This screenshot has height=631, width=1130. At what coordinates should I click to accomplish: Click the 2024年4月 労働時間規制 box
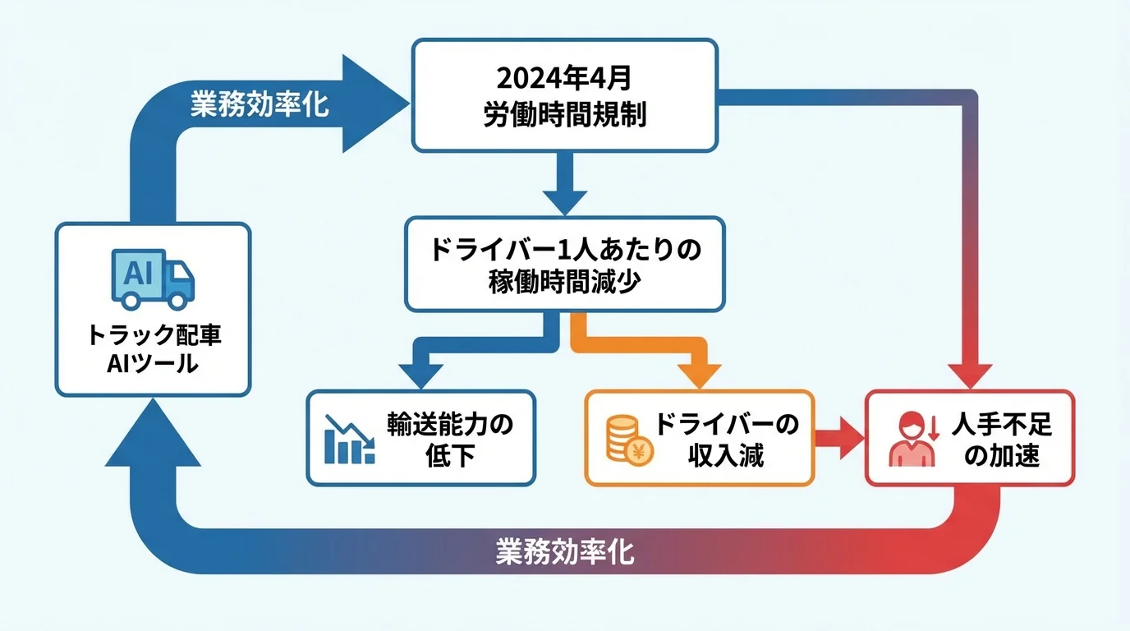click(x=564, y=95)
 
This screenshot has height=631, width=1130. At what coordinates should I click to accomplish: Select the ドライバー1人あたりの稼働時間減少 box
click(x=564, y=264)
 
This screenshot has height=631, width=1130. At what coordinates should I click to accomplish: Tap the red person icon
click(x=912, y=440)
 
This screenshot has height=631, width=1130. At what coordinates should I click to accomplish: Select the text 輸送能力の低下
click(x=450, y=440)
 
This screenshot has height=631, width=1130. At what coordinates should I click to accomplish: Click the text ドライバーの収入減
click(x=726, y=440)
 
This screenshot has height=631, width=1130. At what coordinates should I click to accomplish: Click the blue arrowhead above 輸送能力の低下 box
click(x=420, y=373)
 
